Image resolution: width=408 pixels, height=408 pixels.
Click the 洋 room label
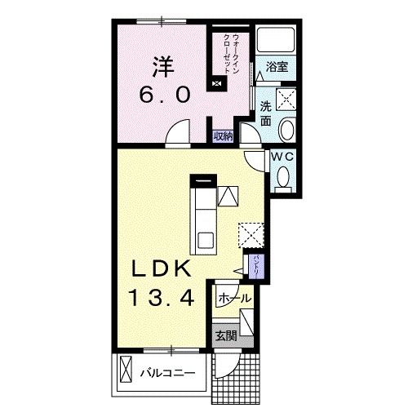(163, 67)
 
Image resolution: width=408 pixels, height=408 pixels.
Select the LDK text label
(161, 268)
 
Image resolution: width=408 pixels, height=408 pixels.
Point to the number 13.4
(162, 297)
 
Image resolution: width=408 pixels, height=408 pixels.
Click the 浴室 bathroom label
(277, 67)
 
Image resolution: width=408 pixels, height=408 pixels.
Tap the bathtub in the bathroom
(276, 39)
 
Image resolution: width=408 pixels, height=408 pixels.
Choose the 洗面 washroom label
(265, 113)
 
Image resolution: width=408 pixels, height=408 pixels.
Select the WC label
(282, 157)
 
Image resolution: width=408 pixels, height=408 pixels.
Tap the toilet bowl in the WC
(283, 177)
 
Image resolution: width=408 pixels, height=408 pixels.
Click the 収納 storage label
(223, 136)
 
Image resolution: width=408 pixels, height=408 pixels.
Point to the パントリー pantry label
(257, 265)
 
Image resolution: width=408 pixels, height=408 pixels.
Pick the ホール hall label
(234, 298)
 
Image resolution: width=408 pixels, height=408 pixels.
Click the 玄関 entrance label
(226, 336)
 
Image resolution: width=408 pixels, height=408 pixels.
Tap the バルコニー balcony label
(167, 373)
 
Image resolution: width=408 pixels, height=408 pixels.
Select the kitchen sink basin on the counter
(206, 241)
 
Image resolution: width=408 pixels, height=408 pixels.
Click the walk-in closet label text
(231, 53)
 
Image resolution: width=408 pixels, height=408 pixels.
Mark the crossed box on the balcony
(126, 369)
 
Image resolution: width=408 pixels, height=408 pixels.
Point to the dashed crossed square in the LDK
(251, 235)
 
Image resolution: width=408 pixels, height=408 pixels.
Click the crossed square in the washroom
(286, 100)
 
